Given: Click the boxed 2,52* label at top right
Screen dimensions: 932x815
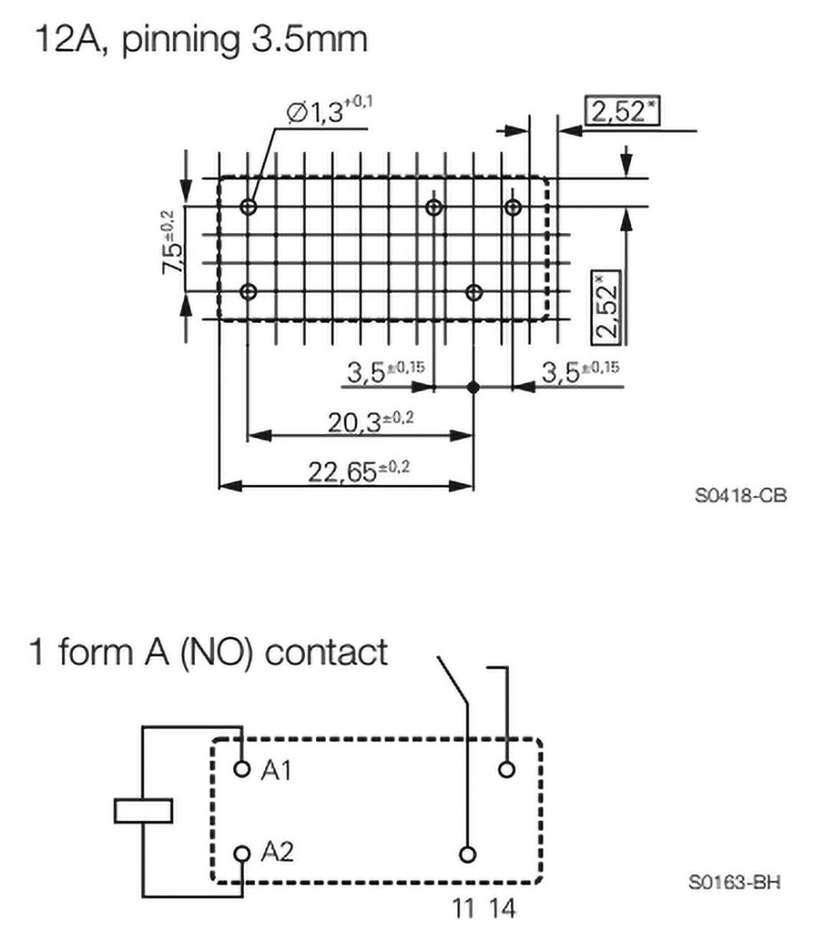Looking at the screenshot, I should point(623,112).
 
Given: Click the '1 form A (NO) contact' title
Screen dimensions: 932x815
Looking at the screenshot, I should point(209,653).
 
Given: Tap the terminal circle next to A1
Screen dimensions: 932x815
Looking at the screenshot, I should point(241,770).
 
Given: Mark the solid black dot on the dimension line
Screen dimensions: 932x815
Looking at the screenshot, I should point(473,387).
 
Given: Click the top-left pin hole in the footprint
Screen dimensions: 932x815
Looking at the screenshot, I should point(249,207).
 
